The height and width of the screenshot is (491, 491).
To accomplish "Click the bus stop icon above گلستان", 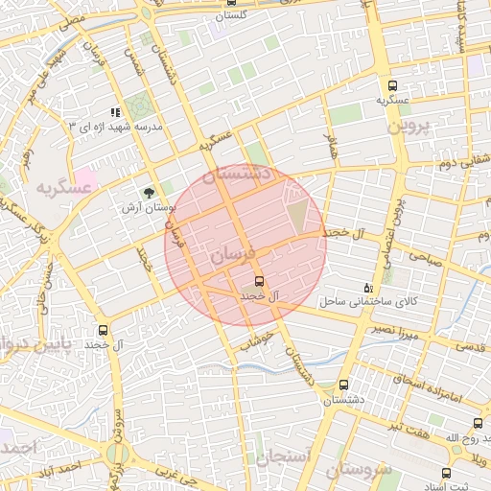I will tap(231, 3).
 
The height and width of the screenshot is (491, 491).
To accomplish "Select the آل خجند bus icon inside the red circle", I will tap(256, 281).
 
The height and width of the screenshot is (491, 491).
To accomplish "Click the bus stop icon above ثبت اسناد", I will tap(445, 472).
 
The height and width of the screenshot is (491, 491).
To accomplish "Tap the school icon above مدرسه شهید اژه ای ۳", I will tap(116, 113).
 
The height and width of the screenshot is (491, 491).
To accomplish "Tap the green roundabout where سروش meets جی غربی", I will tap(118, 453).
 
